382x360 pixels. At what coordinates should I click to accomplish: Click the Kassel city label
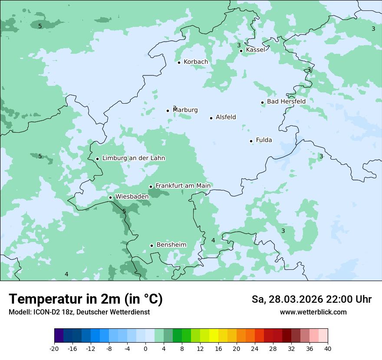[255, 50]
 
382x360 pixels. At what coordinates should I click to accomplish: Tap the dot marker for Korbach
[179, 62]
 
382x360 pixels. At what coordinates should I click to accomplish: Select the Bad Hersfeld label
[286, 101]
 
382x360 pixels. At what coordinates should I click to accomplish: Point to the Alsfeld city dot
[211, 118]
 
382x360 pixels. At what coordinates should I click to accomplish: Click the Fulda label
[264, 140]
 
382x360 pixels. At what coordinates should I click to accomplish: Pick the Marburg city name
[185, 110]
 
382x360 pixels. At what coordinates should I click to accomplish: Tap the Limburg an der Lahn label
[133, 158]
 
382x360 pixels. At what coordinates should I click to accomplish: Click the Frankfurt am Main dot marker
[151, 187]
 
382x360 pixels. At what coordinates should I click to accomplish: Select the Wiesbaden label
[132, 196]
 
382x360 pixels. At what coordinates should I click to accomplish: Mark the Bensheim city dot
[151, 245]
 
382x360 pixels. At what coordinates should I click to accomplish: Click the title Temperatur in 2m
[86, 299]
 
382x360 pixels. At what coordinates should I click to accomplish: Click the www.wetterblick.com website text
[313, 312]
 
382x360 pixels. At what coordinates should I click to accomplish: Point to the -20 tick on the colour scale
[54, 349]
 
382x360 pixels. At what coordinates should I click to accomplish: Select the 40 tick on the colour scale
[328, 349]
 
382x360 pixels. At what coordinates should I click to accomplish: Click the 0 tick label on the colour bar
[145, 349]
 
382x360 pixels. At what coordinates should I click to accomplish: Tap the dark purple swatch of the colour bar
[59, 336]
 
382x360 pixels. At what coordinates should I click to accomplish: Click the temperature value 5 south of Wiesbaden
[124, 211]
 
